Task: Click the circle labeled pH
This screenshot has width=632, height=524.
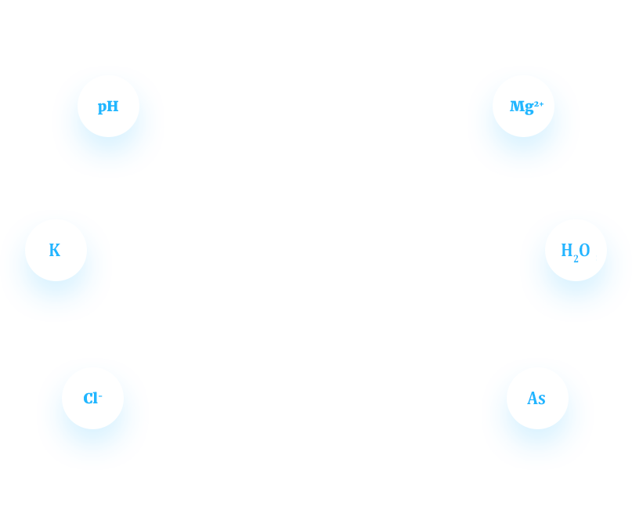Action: tap(108, 106)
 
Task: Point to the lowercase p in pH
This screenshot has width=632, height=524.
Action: tap(103, 107)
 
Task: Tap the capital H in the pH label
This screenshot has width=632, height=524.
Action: tap(114, 106)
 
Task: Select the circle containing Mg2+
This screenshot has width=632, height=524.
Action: tap(524, 106)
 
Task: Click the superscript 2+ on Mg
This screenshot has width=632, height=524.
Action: tap(539, 104)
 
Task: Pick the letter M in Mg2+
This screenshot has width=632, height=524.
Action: tap(517, 106)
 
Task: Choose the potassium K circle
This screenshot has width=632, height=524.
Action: tap(56, 250)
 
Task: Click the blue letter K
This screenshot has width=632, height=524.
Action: tap(55, 250)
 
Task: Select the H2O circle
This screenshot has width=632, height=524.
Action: tap(576, 250)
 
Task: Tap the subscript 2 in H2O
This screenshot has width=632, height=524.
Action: tap(576, 259)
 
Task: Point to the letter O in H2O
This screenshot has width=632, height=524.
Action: tap(584, 250)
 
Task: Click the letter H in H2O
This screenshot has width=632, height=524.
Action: tap(567, 250)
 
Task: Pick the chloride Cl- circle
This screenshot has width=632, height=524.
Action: tap(92, 398)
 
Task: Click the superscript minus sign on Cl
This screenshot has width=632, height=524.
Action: tap(100, 396)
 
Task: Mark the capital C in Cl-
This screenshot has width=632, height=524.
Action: tap(88, 398)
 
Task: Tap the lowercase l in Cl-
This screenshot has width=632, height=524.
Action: tap(96, 398)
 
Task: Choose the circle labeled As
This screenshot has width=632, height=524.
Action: tap(538, 398)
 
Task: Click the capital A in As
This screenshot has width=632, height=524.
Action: tap(533, 398)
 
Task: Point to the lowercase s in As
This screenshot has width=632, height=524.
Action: tap(542, 399)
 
